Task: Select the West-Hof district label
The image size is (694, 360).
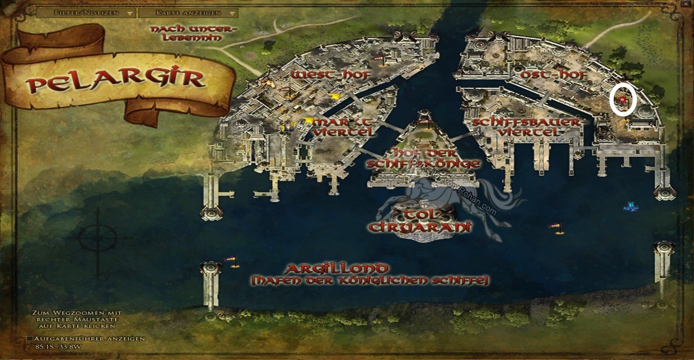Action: click(331, 75)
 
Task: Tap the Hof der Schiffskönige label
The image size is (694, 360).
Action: click(423, 158)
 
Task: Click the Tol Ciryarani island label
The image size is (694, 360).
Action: click(420, 221)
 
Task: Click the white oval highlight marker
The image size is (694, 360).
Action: click(623, 99)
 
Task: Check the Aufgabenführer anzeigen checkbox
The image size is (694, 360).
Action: click(30, 338)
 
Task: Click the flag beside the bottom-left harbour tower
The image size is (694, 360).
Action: click(230, 260)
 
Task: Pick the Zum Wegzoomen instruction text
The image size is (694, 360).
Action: click(77, 319)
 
